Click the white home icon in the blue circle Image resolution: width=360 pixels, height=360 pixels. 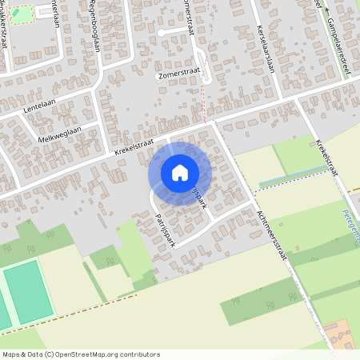[x=180, y=173]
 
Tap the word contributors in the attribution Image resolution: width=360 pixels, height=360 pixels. [x=138, y=354]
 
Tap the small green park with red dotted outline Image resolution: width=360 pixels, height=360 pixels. [x=22, y=14]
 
